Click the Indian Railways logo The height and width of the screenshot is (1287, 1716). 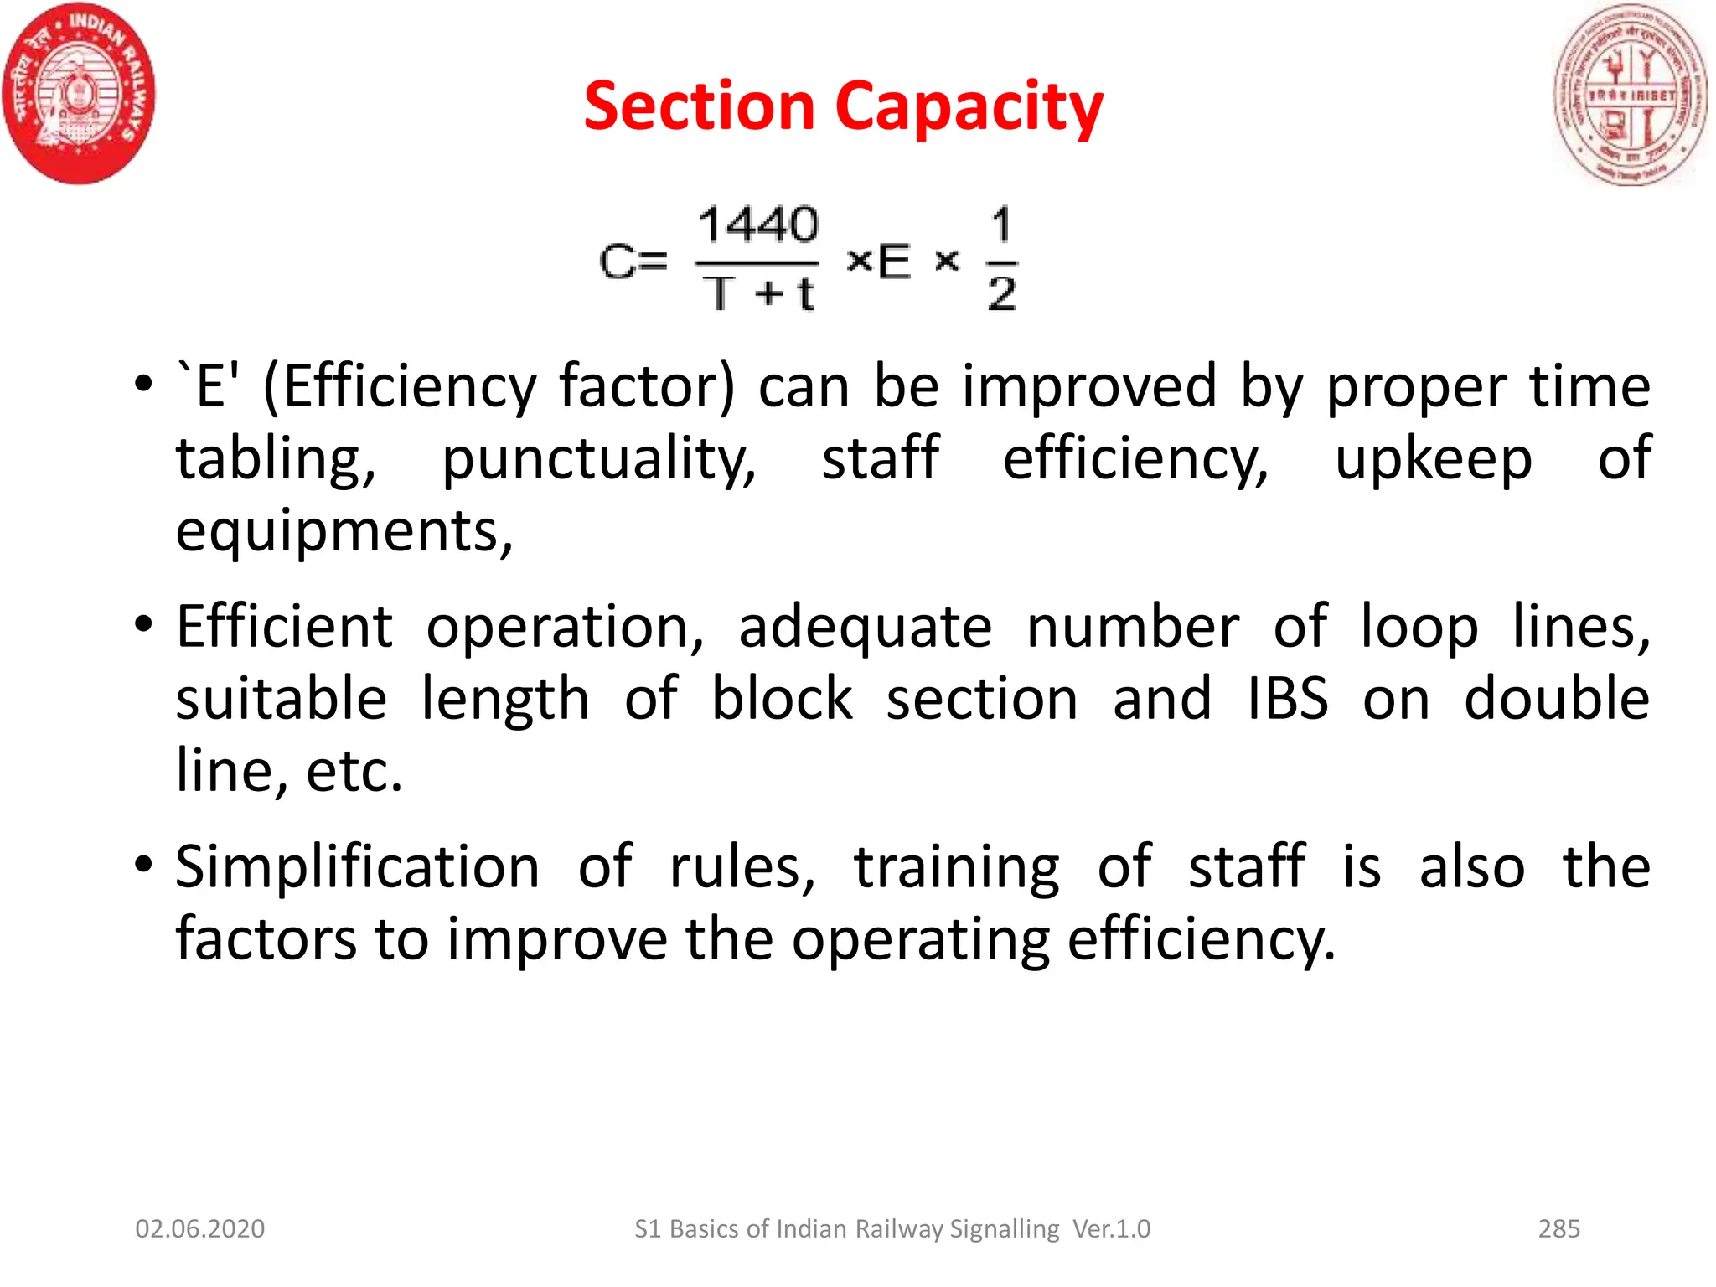click(x=80, y=94)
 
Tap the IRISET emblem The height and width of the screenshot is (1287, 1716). click(x=1630, y=94)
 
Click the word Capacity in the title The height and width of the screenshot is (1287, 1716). click(x=969, y=107)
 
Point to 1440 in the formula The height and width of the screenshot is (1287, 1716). click(x=757, y=225)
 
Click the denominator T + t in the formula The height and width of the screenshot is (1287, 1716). click(x=758, y=293)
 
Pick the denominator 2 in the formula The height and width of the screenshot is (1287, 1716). click(x=1002, y=293)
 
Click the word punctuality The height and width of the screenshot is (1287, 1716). click(x=598, y=459)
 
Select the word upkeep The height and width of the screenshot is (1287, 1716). click(x=1434, y=459)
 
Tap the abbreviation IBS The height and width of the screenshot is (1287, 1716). click(x=1287, y=698)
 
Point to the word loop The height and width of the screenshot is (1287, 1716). click(x=1419, y=626)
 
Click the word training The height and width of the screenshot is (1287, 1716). click(x=957, y=868)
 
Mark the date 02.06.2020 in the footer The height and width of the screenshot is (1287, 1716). click(x=200, y=1228)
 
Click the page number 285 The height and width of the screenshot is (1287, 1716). click(x=1558, y=1228)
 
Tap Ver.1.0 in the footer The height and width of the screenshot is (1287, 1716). click(x=1112, y=1228)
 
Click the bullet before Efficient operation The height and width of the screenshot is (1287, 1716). click(x=143, y=624)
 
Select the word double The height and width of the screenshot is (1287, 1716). click(x=1557, y=698)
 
